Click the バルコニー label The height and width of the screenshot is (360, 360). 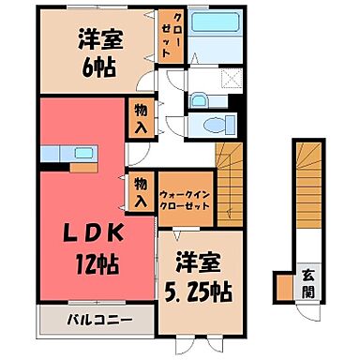[97, 320]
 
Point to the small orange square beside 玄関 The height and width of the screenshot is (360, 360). [282, 283]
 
